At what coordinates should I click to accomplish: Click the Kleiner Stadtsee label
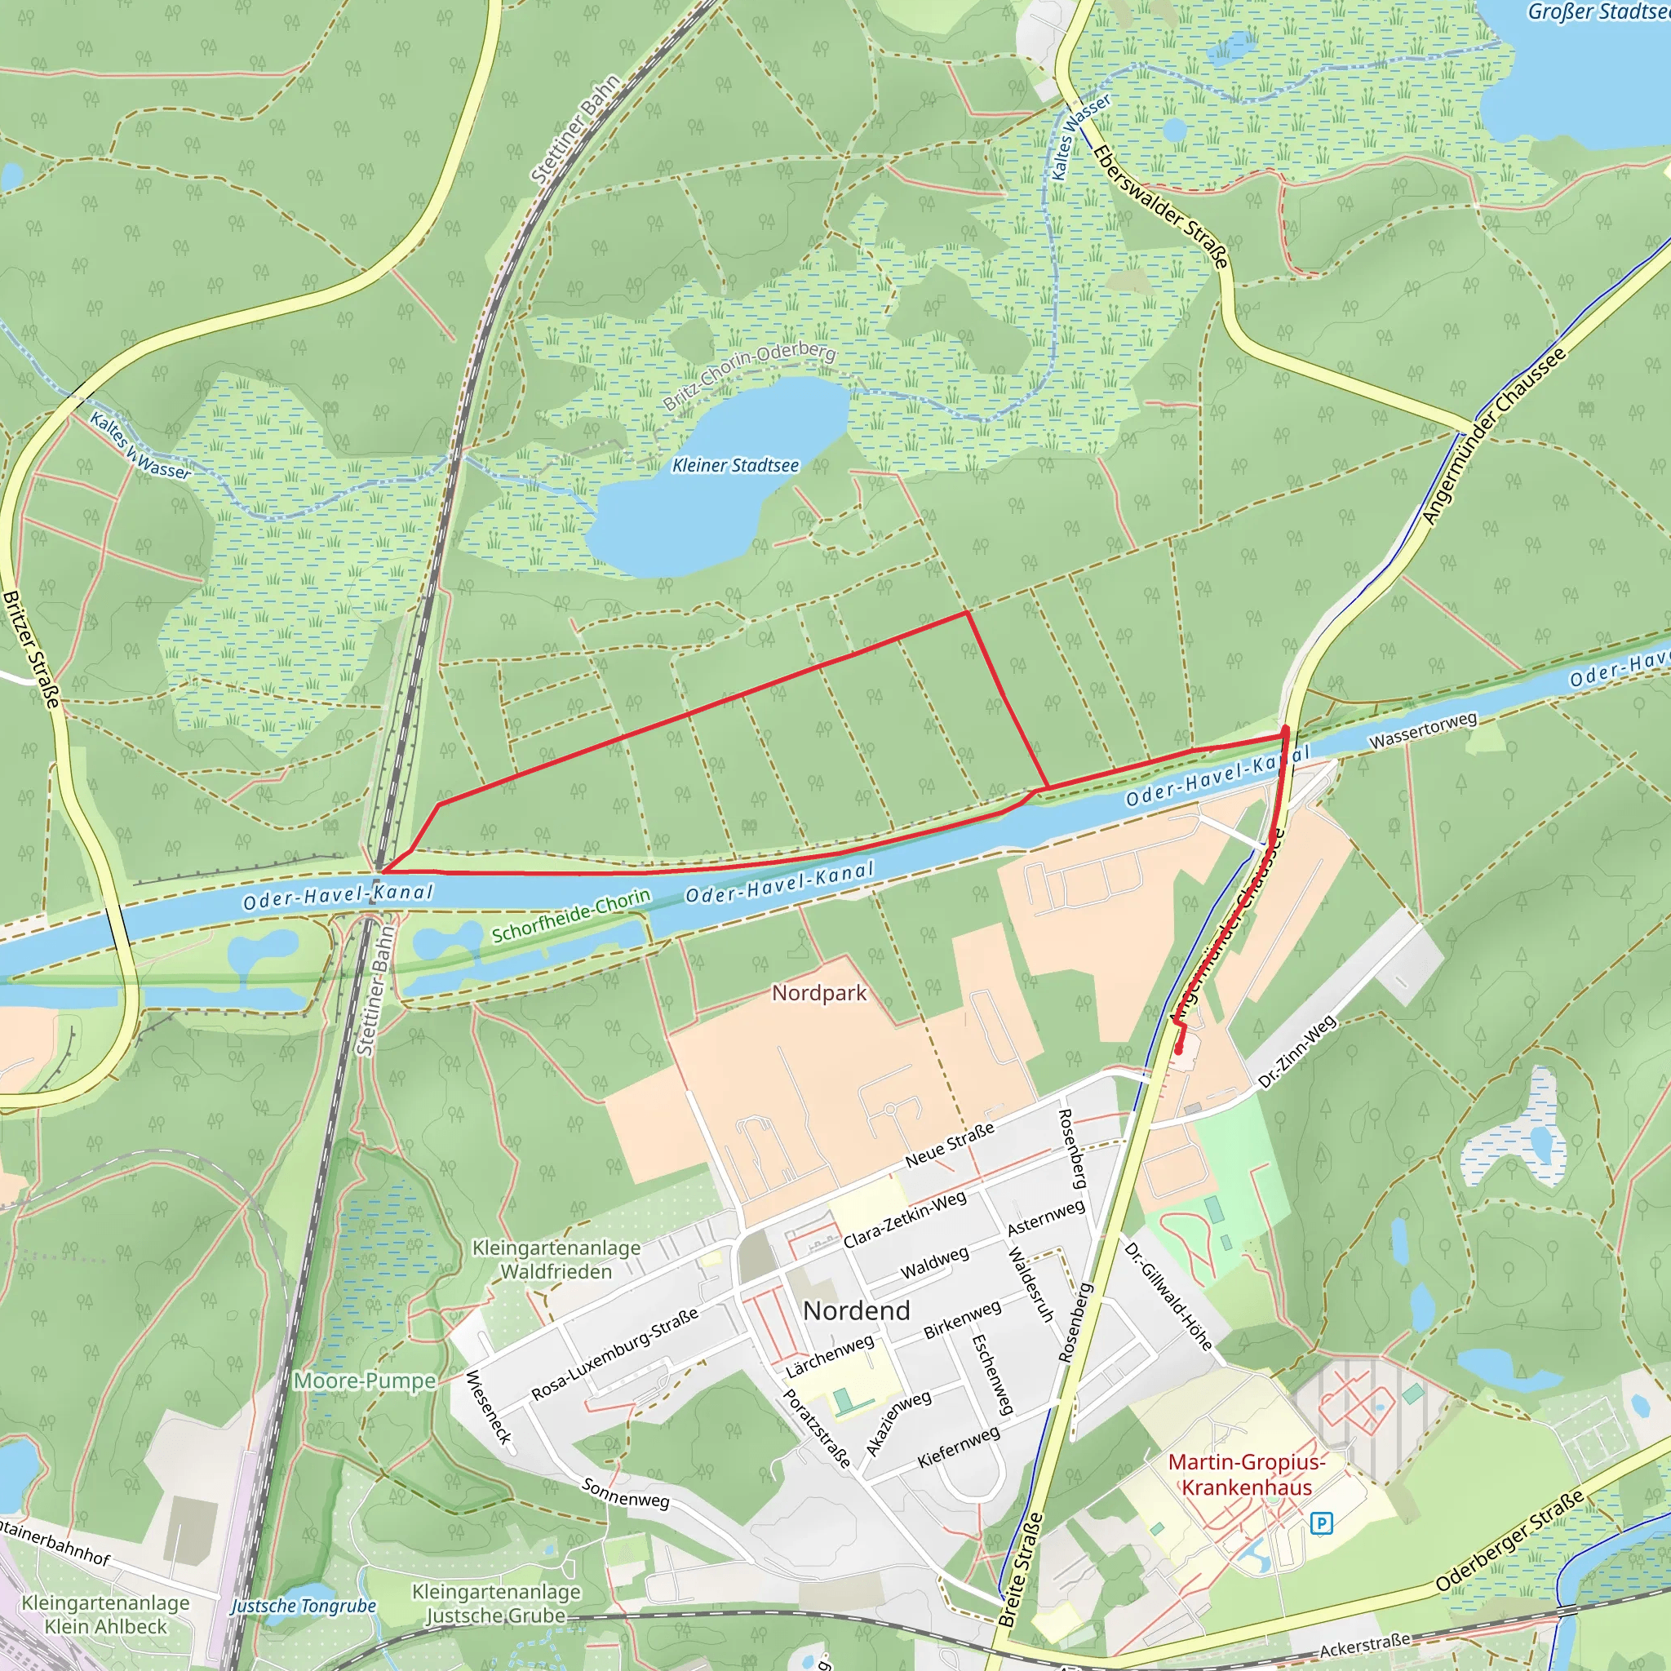(735, 465)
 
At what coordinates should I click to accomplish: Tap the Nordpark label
(818, 993)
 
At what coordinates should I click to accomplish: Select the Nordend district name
(856, 1310)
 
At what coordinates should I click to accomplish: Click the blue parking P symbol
(1321, 1523)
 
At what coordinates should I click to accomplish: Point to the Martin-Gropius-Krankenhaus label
(1247, 1474)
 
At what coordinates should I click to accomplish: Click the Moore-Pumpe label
(364, 1381)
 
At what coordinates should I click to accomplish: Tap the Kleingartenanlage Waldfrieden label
(556, 1259)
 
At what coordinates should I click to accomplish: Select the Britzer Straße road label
(31, 649)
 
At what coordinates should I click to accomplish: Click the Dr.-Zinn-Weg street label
(1296, 1052)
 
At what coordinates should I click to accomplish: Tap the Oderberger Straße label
(1509, 1540)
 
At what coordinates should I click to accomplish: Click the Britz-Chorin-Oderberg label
(749, 375)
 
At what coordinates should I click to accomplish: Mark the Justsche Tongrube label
(304, 1606)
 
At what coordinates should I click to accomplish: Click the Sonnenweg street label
(625, 1493)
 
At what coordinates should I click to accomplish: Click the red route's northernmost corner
(966, 613)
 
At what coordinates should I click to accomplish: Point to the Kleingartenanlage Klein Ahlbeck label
(105, 1614)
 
